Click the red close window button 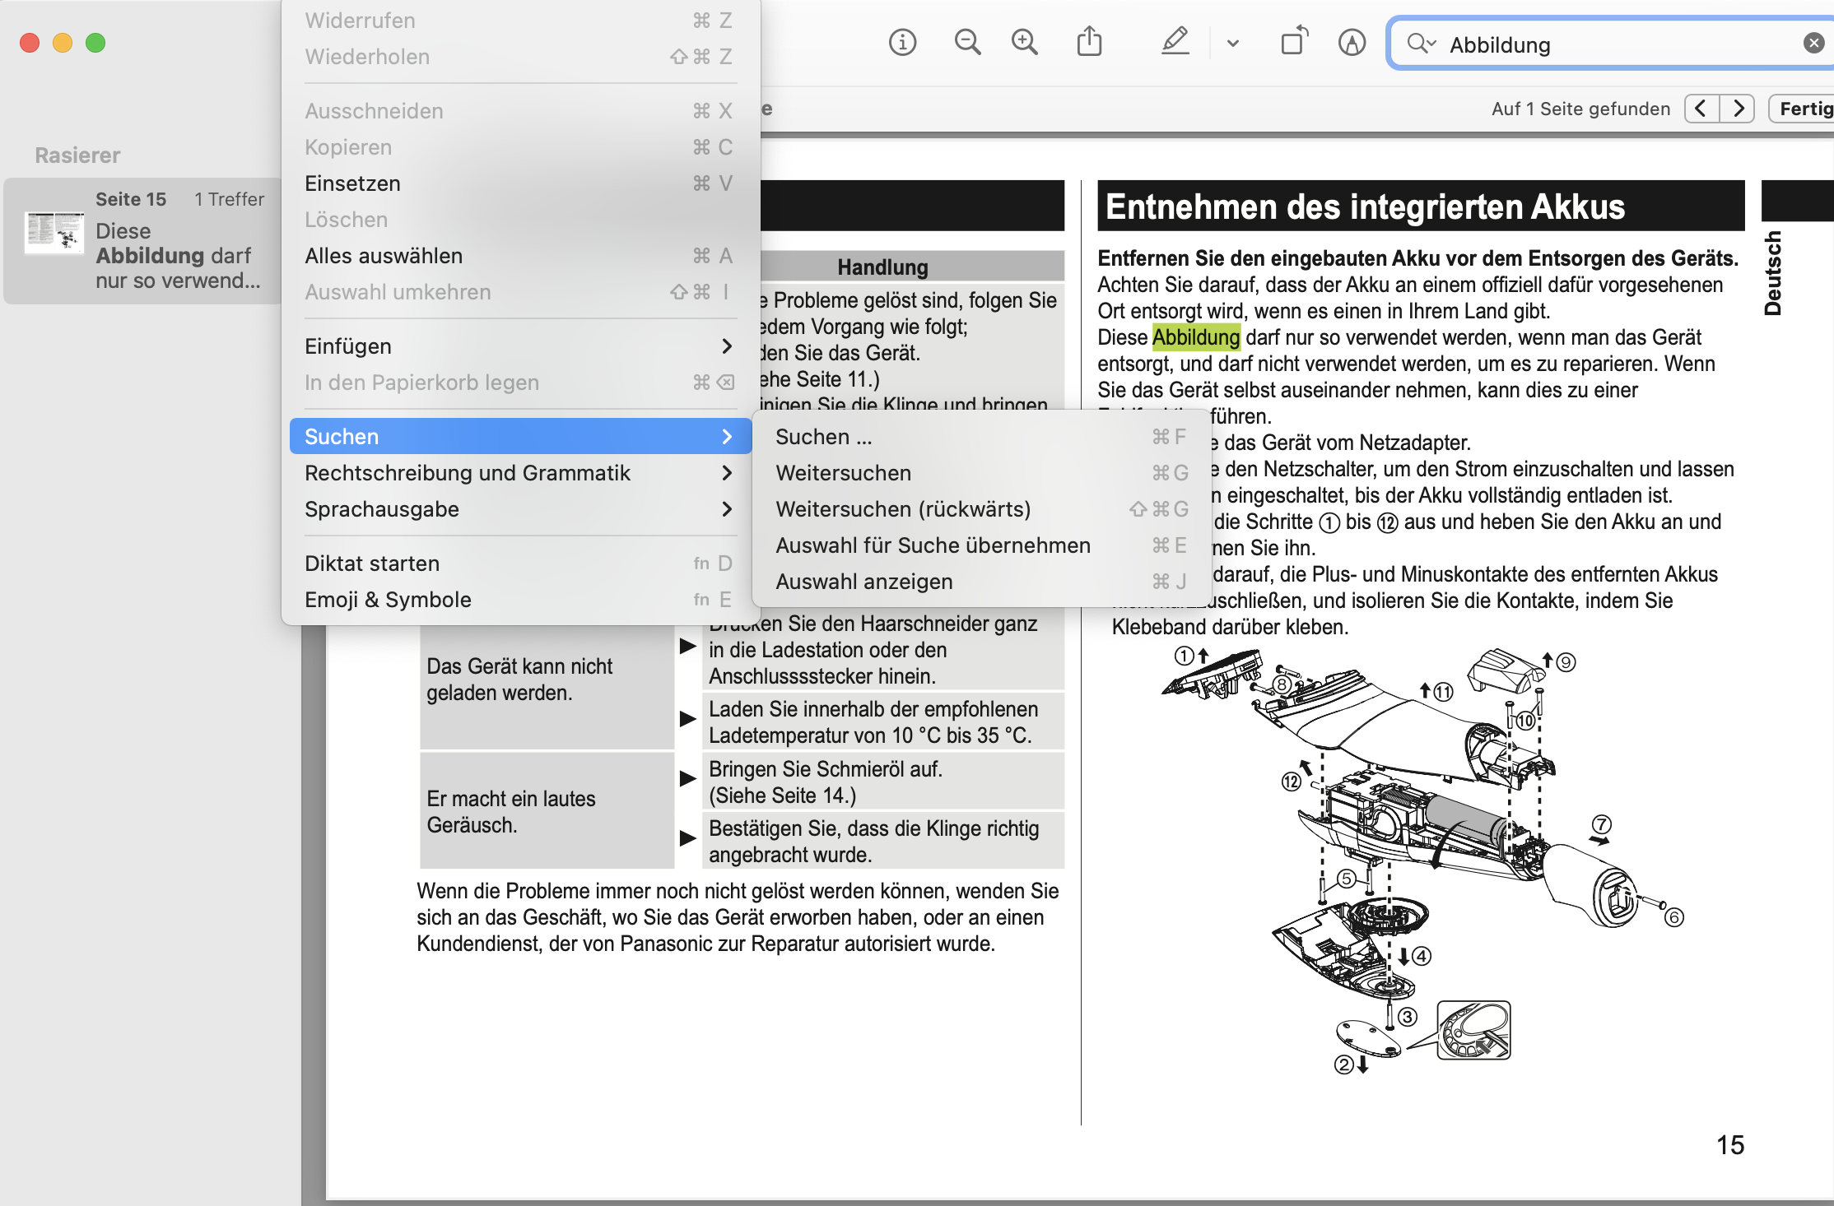pyautogui.click(x=30, y=43)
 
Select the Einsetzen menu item pyautogui.click(x=352, y=183)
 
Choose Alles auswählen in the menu pyautogui.click(x=384, y=256)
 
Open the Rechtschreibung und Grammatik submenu pyautogui.click(x=468, y=473)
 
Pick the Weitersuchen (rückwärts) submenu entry pyautogui.click(x=903, y=509)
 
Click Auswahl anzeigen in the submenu pyautogui.click(x=864, y=582)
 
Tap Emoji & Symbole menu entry pyautogui.click(x=388, y=600)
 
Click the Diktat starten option pyautogui.click(x=372, y=564)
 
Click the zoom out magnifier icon pyautogui.click(x=967, y=42)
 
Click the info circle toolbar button pyautogui.click(x=902, y=42)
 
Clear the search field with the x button pyautogui.click(x=1813, y=44)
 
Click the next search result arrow pyautogui.click(x=1738, y=109)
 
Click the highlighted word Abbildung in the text pyautogui.click(x=1195, y=337)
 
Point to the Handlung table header pyautogui.click(x=882, y=267)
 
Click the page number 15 pyautogui.click(x=1730, y=1145)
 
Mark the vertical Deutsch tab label pyautogui.click(x=1773, y=273)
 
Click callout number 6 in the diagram pyautogui.click(x=1673, y=917)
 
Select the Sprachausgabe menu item pyautogui.click(x=382, y=509)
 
